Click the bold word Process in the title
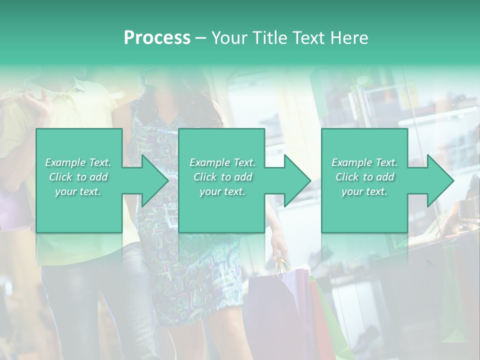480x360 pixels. (157, 38)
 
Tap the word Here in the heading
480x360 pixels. (350, 38)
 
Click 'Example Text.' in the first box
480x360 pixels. (78, 162)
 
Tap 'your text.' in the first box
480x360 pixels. (78, 191)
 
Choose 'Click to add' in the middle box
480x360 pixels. (222, 177)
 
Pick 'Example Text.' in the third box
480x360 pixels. (364, 162)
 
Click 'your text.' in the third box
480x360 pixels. (364, 191)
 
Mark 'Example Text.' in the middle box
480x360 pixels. (222, 162)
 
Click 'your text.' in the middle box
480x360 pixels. (222, 191)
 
